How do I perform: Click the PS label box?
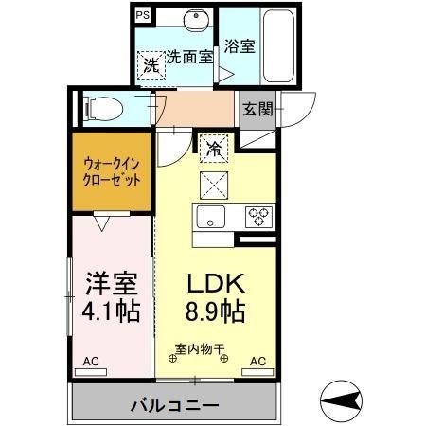click(142, 15)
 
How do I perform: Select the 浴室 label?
click(239, 44)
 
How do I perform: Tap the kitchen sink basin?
click(208, 215)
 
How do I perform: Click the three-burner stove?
click(257, 216)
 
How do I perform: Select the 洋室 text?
click(115, 284)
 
